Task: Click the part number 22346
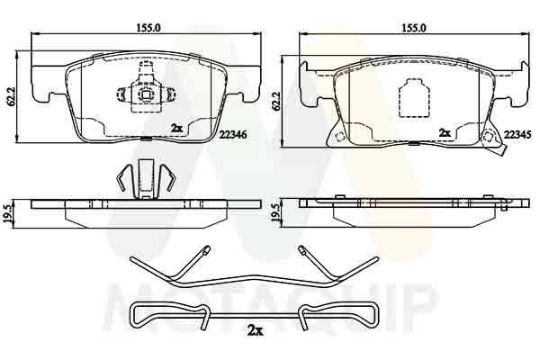tap(233, 135)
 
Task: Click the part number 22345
tap(517, 135)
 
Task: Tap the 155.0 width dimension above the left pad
tap(149, 28)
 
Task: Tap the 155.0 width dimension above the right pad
tap(414, 28)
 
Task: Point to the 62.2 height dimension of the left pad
tap(12, 95)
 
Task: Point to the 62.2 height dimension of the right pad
tap(276, 101)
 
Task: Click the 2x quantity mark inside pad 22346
tap(177, 128)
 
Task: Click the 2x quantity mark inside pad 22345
tap(445, 132)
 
